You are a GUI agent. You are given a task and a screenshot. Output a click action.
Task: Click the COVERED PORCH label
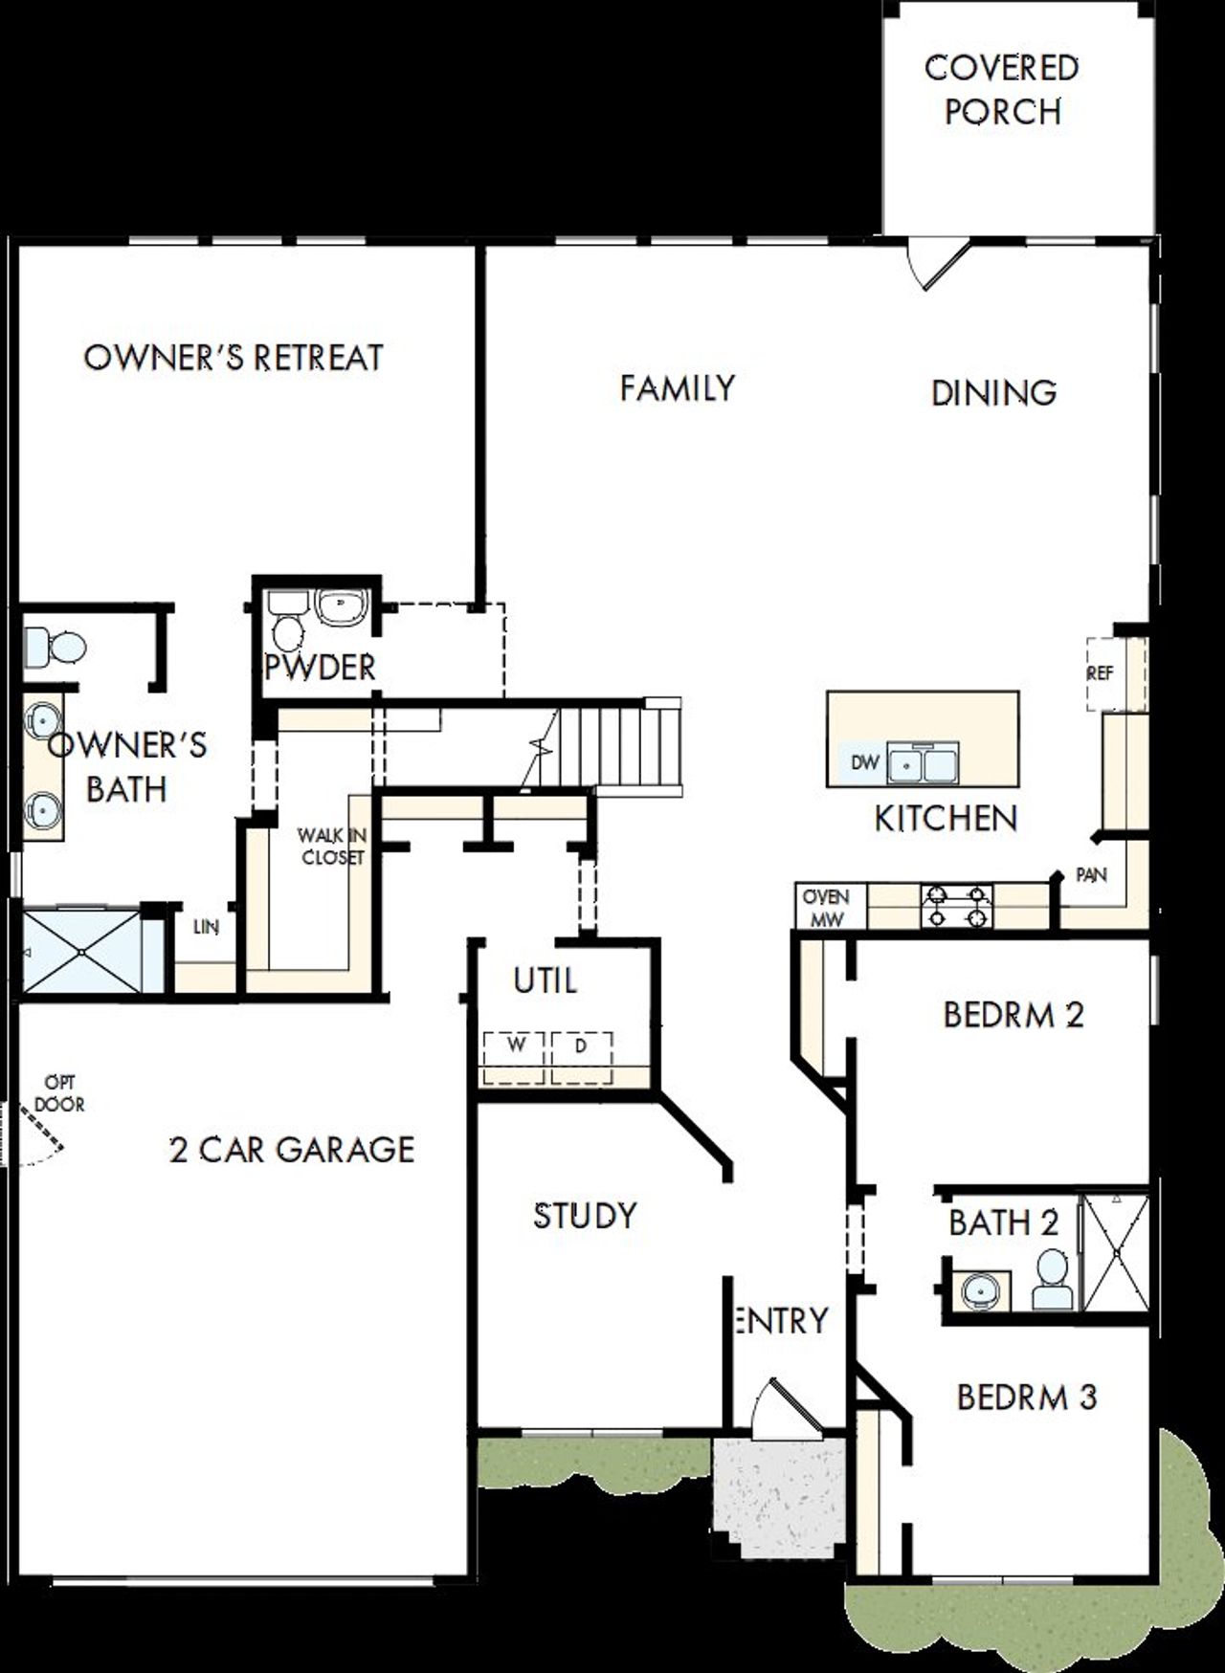point(1002,90)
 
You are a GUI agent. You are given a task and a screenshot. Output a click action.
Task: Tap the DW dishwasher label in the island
point(864,763)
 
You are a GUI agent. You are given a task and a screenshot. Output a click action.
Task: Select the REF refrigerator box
point(1101,673)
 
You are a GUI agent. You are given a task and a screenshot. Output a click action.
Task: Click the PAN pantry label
point(1091,874)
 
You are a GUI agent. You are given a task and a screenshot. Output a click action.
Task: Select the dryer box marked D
point(581,1057)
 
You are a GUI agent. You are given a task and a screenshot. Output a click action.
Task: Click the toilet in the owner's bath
point(56,648)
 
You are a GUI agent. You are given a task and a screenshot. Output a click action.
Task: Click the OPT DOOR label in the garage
point(59,1093)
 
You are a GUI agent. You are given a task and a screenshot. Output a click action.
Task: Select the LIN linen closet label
point(205,927)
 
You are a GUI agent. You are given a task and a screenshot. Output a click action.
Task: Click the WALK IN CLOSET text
point(332,848)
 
